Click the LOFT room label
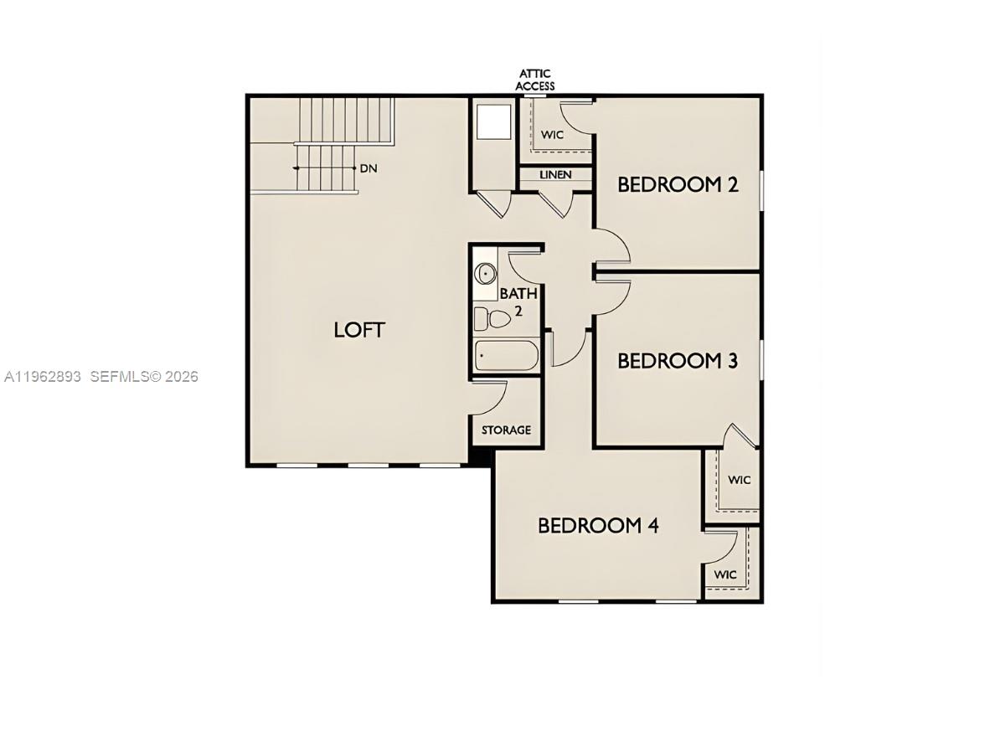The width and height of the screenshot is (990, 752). pyautogui.click(x=359, y=330)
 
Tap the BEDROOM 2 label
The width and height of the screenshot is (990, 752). pyautogui.click(x=678, y=184)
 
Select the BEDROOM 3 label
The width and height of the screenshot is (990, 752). pyautogui.click(x=678, y=361)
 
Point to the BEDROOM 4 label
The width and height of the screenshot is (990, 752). pyautogui.click(x=598, y=526)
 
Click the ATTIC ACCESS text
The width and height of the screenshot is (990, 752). pyautogui.click(x=535, y=80)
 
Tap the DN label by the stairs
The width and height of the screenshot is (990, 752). pyautogui.click(x=369, y=168)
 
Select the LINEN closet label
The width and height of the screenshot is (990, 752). pyautogui.click(x=555, y=175)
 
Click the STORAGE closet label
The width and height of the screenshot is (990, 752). pyautogui.click(x=506, y=430)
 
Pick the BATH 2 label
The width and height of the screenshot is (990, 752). pyautogui.click(x=518, y=301)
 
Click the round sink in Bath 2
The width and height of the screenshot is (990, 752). pyautogui.click(x=485, y=274)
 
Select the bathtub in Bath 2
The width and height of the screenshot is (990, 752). pyautogui.click(x=506, y=356)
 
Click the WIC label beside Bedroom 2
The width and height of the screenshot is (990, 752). pyautogui.click(x=552, y=135)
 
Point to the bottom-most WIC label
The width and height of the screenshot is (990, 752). pyautogui.click(x=725, y=575)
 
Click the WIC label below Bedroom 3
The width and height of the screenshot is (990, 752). pyautogui.click(x=739, y=481)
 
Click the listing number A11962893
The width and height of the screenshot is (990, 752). pyautogui.click(x=43, y=377)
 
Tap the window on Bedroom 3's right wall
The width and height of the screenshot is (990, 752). pyautogui.click(x=761, y=359)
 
